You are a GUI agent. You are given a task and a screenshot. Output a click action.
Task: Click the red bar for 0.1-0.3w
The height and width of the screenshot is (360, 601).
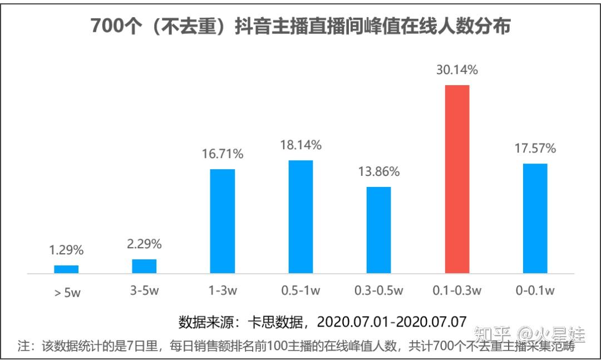(x=457, y=179)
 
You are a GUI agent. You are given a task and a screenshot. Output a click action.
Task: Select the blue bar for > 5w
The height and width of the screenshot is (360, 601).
(x=66, y=269)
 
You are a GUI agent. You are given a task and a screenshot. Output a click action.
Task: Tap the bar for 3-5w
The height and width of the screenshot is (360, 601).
(x=144, y=267)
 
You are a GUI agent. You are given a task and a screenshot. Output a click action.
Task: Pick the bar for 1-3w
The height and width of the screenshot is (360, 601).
(x=223, y=221)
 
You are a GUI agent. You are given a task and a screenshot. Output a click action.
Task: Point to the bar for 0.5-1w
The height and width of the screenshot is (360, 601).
(x=300, y=217)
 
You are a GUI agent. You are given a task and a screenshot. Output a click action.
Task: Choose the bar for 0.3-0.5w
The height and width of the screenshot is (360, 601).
(x=378, y=230)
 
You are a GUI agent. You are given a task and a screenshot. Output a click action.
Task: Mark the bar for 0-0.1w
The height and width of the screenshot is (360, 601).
(x=535, y=218)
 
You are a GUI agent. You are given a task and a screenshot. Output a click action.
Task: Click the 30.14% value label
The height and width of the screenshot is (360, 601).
(x=457, y=70)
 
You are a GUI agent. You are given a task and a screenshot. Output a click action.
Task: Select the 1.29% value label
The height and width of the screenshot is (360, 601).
(x=66, y=250)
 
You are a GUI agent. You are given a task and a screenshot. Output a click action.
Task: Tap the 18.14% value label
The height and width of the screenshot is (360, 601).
(x=300, y=145)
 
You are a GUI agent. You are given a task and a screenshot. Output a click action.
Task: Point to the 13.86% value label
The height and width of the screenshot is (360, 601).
(x=378, y=171)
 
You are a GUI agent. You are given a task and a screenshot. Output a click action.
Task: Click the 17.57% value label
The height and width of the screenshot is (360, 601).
(x=535, y=149)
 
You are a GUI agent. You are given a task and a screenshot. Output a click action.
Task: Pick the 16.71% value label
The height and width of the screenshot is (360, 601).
(x=223, y=154)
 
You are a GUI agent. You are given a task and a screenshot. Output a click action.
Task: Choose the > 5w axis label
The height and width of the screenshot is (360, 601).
(x=67, y=293)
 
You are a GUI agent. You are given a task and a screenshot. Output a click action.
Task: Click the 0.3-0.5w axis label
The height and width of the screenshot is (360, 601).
(x=378, y=290)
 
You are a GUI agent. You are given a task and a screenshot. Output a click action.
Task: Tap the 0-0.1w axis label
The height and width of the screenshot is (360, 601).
(x=535, y=290)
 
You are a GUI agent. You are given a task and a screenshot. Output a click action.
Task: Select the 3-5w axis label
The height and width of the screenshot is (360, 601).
(x=144, y=290)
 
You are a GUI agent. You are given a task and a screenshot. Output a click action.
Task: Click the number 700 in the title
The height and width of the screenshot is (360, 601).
(x=105, y=26)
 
